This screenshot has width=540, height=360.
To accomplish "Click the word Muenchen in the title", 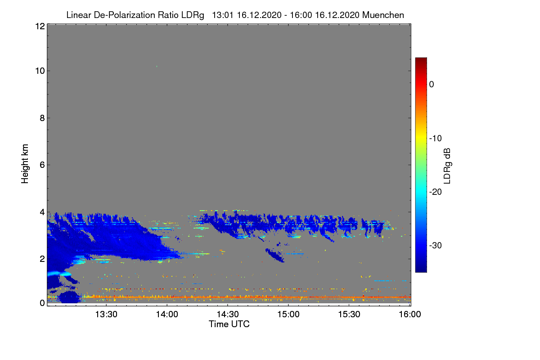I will click(x=383, y=15).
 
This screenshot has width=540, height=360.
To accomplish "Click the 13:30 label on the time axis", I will click(x=106, y=315).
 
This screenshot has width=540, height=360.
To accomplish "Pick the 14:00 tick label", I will click(x=167, y=315).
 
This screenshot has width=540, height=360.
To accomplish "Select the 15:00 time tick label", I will click(x=288, y=315).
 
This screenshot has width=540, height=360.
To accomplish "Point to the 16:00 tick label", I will click(x=409, y=315).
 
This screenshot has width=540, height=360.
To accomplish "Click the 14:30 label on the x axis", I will click(x=228, y=315).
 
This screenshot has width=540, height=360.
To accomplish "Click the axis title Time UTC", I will click(x=229, y=324).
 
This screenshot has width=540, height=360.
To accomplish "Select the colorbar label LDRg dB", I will click(x=447, y=165).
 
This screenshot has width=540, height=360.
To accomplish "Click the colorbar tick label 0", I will click(x=432, y=84).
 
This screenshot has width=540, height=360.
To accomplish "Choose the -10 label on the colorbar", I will click(x=435, y=138).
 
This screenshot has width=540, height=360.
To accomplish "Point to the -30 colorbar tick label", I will click(x=435, y=246).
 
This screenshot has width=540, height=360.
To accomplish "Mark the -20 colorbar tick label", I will click(x=435, y=192).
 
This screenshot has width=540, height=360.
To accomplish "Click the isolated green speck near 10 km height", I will click(x=157, y=67).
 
